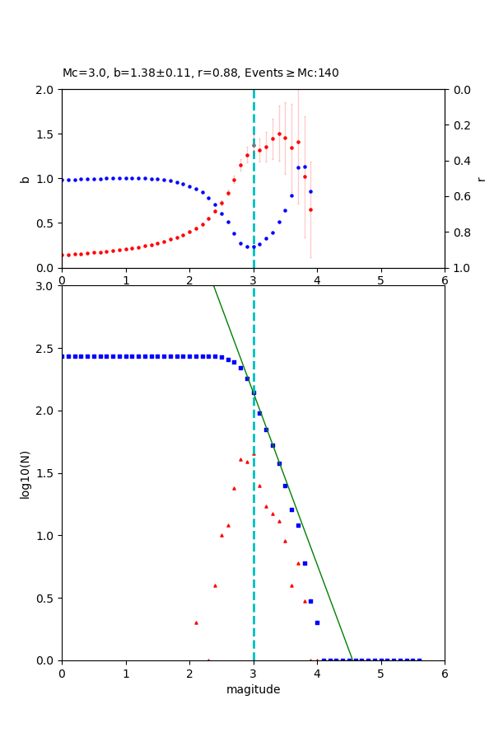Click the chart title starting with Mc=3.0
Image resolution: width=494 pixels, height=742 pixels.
click(x=200, y=73)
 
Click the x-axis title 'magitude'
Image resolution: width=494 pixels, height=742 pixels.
click(x=253, y=689)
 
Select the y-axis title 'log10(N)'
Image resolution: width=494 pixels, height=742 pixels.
click(x=25, y=473)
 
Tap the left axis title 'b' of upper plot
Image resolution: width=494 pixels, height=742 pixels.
click(x=25, y=179)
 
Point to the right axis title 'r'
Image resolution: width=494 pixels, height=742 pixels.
click(x=481, y=179)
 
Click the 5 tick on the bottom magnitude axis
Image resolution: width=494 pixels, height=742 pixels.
click(x=380, y=674)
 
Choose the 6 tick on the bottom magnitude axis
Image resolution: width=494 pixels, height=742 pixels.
click(x=445, y=674)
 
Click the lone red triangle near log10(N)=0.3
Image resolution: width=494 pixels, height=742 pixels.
click(x=196, y=622)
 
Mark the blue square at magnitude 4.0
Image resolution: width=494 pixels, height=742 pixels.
click(x=317, y=622)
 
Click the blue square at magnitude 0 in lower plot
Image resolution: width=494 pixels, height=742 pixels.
click(x=62, y=356)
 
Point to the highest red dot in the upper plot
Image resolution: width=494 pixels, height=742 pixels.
click(x=279, y=134)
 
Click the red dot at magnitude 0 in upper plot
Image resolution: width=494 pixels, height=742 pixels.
click(x=62, y=255)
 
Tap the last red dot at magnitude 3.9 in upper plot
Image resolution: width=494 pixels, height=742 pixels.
click(x=310, y=209)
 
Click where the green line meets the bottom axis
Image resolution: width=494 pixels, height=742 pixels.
click(x=352, y=660)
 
